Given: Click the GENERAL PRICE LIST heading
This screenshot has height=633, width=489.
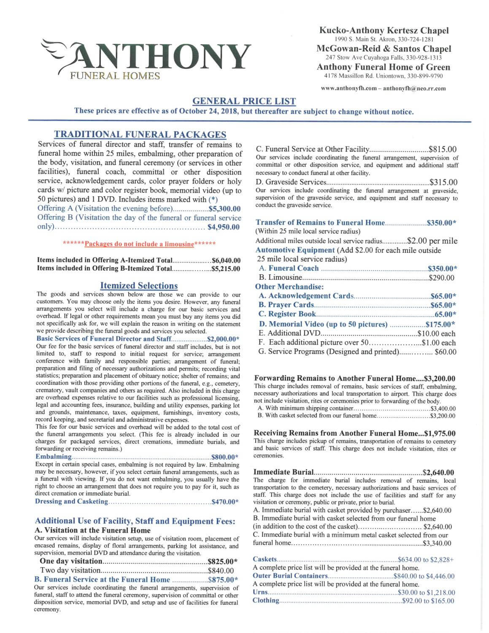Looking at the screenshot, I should (244, 101).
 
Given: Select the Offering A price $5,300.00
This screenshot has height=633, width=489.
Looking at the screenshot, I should (224, 209).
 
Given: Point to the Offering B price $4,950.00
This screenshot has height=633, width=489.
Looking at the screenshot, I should (224, 227).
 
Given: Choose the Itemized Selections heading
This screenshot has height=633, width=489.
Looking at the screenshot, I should (139, 286).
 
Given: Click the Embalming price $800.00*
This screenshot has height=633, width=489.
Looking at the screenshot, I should (225, 457).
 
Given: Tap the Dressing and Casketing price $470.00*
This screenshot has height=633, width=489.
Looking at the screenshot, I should (225, 501).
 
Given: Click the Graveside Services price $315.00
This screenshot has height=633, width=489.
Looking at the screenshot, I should (443, 182).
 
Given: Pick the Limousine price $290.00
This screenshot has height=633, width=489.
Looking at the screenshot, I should (441, 278).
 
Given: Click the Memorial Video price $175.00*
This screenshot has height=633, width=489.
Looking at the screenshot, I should (440, 324).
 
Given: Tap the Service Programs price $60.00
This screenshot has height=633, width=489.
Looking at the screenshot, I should (445, 352).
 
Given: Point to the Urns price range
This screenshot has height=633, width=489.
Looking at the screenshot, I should (426, 592).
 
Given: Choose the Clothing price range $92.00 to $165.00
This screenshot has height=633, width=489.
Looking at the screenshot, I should (428, 601).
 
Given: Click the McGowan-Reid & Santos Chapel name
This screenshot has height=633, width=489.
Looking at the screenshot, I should (384, 49).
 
